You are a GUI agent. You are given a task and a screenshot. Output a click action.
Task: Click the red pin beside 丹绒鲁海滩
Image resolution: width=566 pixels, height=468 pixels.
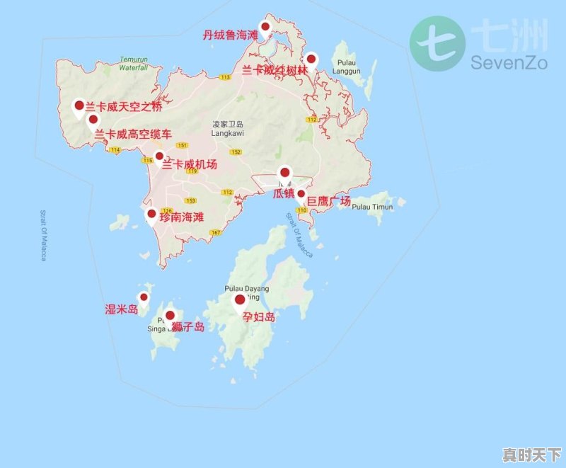(x=265, y=28)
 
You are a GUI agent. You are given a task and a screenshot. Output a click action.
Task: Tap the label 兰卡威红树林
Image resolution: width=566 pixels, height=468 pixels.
(x=275, y=70)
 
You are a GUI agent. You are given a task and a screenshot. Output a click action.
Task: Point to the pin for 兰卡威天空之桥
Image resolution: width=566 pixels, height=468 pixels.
(x=79, y=106)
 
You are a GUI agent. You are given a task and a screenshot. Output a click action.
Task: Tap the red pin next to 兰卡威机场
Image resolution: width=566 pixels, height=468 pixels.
(x=159, y=156)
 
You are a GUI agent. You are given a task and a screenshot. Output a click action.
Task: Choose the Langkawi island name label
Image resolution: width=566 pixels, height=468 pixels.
(x=227, y=128)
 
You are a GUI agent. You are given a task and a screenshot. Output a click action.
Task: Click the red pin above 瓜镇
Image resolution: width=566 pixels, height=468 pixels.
(x=285, y=173)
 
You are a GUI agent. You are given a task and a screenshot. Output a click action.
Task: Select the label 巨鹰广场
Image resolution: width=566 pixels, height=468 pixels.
(x=328, y=202)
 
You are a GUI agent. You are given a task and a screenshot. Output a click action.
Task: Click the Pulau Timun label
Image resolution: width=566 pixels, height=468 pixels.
(x=371, y=207)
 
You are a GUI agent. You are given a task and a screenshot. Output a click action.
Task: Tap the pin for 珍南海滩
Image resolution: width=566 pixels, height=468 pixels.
(x=151, y=214)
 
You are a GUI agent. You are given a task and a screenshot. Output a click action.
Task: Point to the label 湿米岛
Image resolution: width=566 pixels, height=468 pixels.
(x=121, y=309)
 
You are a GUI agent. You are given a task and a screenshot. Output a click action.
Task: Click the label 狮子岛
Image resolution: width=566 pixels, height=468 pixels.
(x=188, y=326)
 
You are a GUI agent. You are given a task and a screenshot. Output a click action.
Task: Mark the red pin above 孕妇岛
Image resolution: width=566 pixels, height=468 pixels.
(x=240, y=300)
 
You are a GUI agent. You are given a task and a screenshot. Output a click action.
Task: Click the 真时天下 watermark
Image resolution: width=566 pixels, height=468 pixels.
(x=531, y=454)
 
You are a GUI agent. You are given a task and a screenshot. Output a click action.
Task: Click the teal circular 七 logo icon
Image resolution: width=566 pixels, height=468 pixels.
(x=437, y=43)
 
